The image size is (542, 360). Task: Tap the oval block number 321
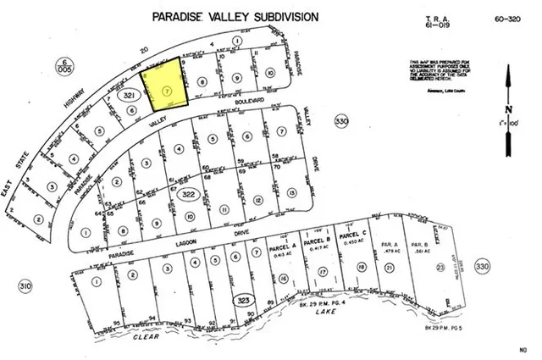pos(130,98)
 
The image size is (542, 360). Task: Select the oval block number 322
pos(191,195)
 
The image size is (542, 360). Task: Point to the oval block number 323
pos(244,301)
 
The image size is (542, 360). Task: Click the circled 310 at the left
pos(26,287)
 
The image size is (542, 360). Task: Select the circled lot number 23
pos(440,268)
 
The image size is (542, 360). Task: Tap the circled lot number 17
pos(323,272)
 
